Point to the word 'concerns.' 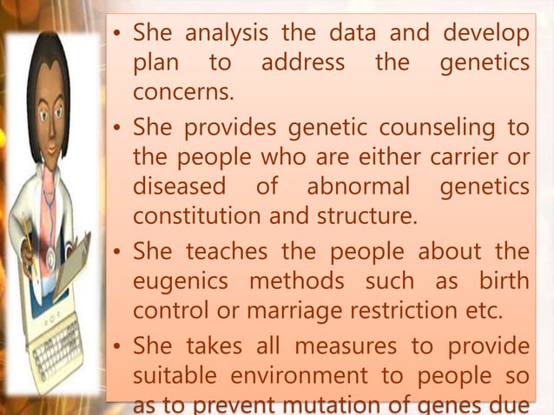[x=184, y=91]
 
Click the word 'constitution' [x=194, y=214]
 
